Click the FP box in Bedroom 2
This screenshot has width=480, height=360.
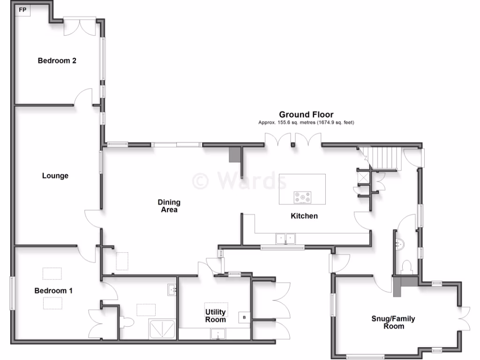pos(22,10)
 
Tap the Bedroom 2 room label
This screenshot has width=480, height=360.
pos(57,60)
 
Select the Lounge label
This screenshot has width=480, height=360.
pos(55,176)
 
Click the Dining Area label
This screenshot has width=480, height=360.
pos(169,206)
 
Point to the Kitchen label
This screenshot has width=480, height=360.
pos(304,216)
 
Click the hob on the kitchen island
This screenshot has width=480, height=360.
pos(302,198)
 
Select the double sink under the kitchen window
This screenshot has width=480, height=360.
pos(286,239)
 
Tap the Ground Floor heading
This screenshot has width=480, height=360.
pos(306,114)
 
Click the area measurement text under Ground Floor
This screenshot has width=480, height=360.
pos(306,123)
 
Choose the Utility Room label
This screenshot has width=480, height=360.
pos(216,315)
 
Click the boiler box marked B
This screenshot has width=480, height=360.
pos(244,317)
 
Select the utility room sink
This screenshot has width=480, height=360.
pos(218,334)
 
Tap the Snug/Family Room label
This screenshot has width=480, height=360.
pos(393,322)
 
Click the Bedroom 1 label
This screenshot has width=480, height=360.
pos(53,291)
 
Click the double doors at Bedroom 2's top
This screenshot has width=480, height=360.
pos(80,27)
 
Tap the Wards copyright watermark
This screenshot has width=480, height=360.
pos(234,180)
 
